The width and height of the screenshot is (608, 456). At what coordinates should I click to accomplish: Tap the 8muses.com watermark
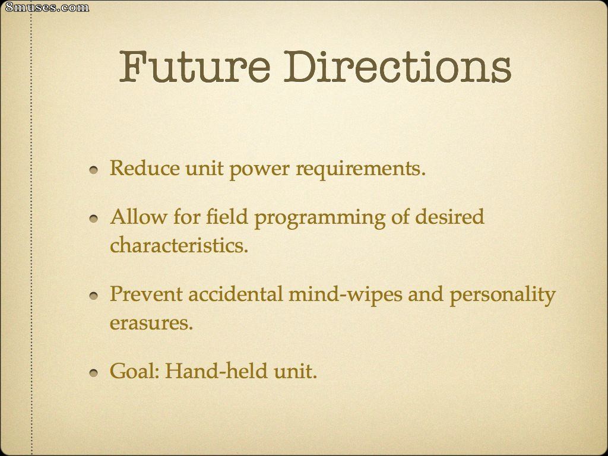47,7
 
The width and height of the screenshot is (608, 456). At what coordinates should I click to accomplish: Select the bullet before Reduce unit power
93,170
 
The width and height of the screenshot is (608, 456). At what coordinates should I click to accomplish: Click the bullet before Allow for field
93,218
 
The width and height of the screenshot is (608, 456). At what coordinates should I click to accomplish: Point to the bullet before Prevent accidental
93,296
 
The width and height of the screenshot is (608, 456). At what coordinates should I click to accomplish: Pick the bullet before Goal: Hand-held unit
93,373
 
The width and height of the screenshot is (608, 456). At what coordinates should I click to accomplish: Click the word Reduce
145,168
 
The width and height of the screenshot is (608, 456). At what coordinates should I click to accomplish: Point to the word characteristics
179,245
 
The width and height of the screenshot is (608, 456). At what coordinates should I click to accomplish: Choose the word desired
449,216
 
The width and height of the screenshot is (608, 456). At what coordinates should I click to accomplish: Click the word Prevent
146,294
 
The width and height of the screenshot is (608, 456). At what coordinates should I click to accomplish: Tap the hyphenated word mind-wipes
346,294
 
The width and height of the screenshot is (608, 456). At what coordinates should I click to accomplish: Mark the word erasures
151,322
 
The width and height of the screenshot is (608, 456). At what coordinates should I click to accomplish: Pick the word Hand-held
216,370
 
